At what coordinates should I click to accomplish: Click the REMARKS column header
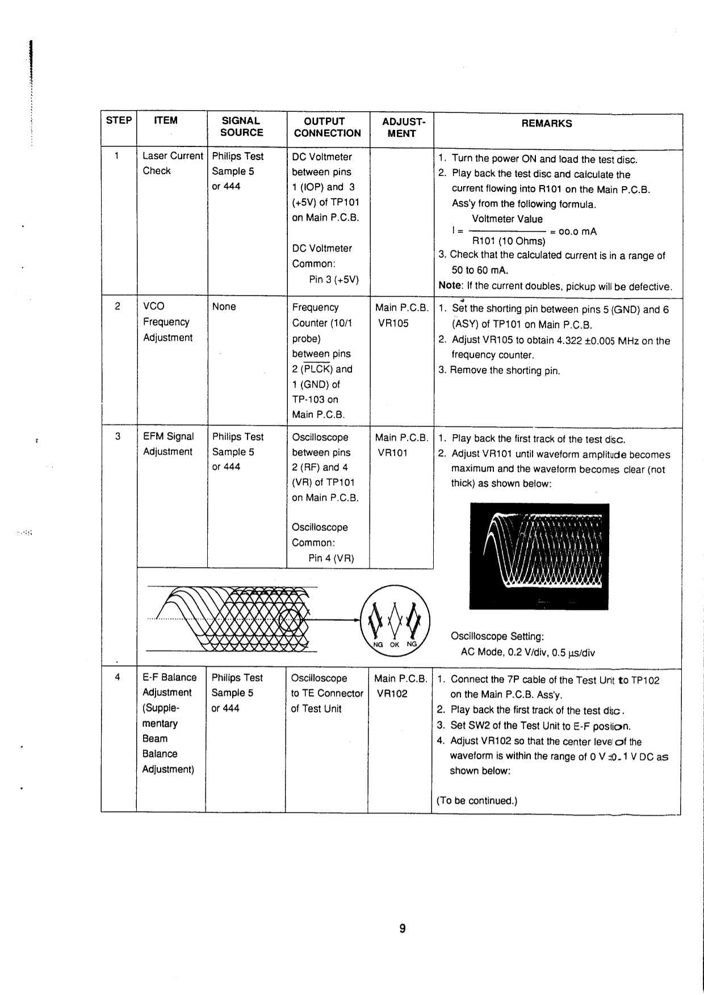point(546,124)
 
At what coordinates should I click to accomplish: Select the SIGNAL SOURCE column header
point(241,127)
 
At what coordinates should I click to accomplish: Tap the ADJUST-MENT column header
point(402,128)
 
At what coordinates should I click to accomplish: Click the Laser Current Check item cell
point(172,163)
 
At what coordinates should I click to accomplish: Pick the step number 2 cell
point(118,307)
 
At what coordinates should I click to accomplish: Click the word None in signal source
point(224,307)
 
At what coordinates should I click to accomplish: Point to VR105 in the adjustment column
point(393,324)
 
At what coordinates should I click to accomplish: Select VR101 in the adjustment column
point(392,453)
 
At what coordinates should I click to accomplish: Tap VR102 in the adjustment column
point(392,694)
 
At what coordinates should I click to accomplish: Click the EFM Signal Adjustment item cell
point(168,444)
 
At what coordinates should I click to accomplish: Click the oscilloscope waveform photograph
point(539,556)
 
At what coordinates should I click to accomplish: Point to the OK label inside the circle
point(395,644)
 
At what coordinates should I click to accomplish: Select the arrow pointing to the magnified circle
point(335,620)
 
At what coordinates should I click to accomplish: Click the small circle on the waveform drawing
point(291,620)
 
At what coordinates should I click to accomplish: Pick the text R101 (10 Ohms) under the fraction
point(508,241)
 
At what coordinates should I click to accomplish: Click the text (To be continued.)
point(477,801)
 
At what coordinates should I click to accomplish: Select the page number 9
point(402,929)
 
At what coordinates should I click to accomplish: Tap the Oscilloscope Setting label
point(497,636)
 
